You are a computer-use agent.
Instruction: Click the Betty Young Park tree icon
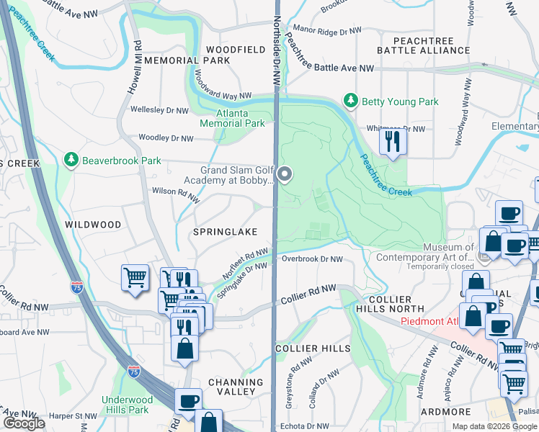tap(351, 102)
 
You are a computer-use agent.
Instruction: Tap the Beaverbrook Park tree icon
tap(71, 159)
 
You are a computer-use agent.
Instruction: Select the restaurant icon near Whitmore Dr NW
tap(393, 141)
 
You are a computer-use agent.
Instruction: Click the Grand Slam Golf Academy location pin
tap(285, 174)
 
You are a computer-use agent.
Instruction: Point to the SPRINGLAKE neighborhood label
tap(219, 233)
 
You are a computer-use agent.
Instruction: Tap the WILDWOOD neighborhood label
tap(93, 225)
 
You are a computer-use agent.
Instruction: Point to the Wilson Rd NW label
tap(174, 192)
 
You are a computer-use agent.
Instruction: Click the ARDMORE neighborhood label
tap(446, 411)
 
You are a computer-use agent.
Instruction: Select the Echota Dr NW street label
tap(308, 426)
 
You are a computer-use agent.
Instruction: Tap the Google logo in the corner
tap(23, 424)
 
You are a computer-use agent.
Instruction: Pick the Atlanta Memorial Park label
tap(241, 119)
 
